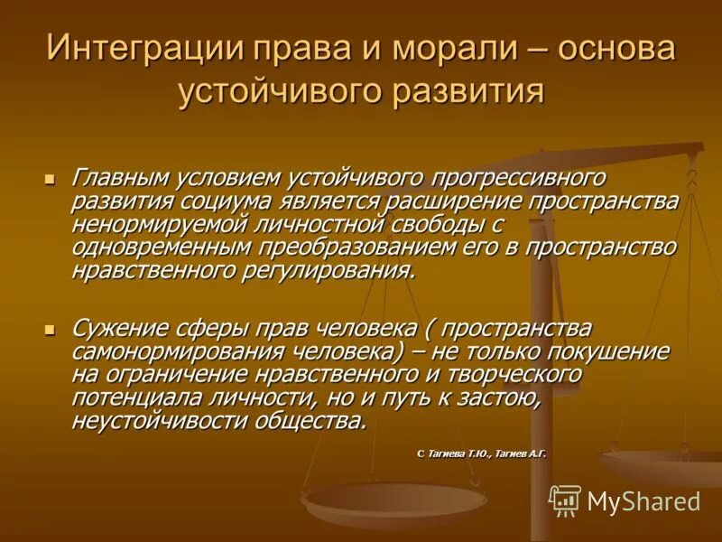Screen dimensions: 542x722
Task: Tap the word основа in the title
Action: point(616,49)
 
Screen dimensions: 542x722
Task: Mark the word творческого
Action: point(495,374)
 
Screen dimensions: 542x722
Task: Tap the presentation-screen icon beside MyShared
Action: point(565,500)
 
